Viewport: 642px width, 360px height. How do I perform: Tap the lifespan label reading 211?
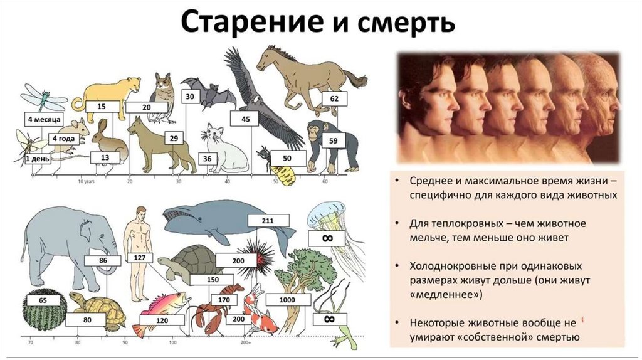pos(268,221)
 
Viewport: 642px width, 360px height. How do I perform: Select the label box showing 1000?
pos(288,300)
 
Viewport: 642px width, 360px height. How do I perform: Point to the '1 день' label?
pos(37,159)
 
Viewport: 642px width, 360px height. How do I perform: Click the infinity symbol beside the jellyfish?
pos(327,239)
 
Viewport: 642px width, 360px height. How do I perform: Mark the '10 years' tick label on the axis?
pos(87,182)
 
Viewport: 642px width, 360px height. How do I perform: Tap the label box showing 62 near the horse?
pos(334,99)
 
